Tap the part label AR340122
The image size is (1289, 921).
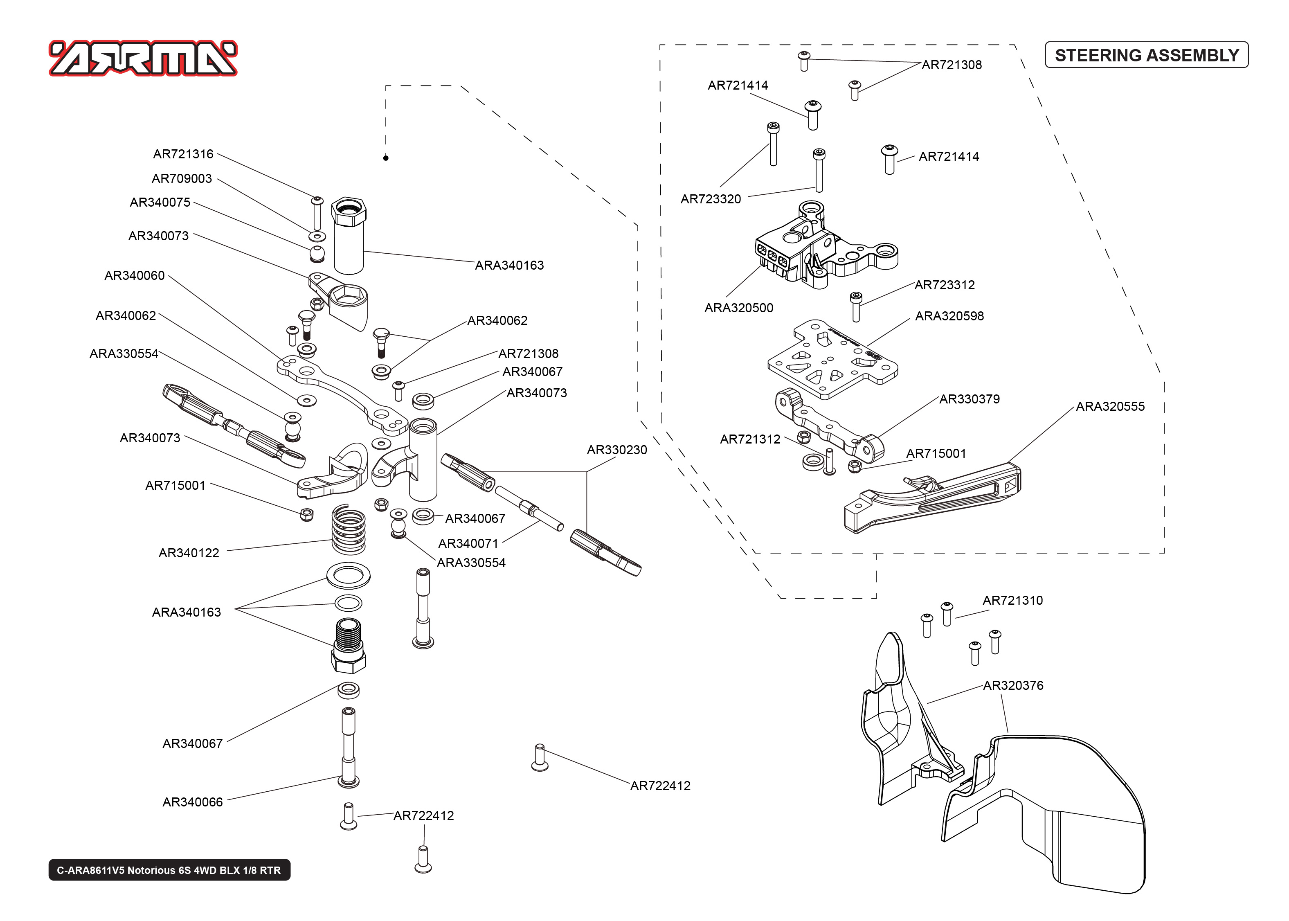tap(188, 553)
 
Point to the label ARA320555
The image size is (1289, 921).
tap(1109, 407)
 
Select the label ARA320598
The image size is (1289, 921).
tap(949, 316)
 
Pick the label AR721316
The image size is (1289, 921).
tap(183, 154)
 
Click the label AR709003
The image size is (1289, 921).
tap(181, 179)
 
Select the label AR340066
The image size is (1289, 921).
tap(192, 802)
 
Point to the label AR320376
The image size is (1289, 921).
tap(1012, 686)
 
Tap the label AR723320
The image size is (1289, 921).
tap(710, 199)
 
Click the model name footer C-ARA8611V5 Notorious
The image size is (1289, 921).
tap(169, 870)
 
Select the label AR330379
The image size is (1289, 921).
tap(969, 399)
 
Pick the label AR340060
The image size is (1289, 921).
tap(134, 276)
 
